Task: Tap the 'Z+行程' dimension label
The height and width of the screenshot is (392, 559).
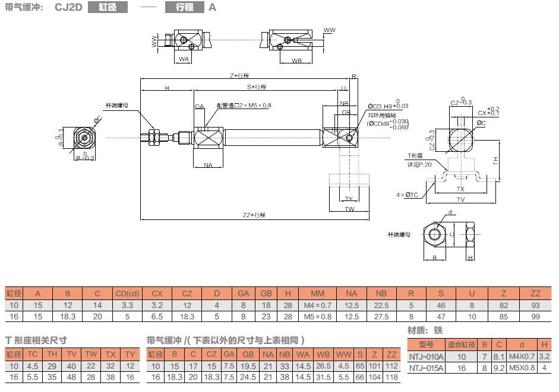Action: pos(239,75)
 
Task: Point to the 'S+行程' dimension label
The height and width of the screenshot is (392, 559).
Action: pos(257,87)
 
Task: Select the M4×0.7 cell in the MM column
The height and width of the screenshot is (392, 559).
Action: pos(318,305)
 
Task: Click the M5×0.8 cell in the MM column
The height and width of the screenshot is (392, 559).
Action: pos(318,316)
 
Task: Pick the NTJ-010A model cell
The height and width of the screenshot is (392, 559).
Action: pos(427,356)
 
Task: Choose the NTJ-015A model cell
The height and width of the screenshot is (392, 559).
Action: pos(427,368)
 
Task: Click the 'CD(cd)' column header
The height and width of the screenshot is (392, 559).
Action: pos(127,293)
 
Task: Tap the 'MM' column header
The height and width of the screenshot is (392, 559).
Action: pos(318,293)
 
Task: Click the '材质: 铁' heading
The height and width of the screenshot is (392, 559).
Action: pos(425,330)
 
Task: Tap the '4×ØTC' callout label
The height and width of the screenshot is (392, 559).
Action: pos(408,195)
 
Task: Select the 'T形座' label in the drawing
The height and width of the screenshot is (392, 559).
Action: pos(413,157)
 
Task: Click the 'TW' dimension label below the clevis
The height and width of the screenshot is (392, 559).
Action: pos(349,209)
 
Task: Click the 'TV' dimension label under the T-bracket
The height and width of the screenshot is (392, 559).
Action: pos(460,199)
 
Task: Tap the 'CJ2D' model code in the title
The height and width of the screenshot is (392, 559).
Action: pos(68,8)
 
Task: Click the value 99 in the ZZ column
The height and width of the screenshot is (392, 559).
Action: pos(535,316)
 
